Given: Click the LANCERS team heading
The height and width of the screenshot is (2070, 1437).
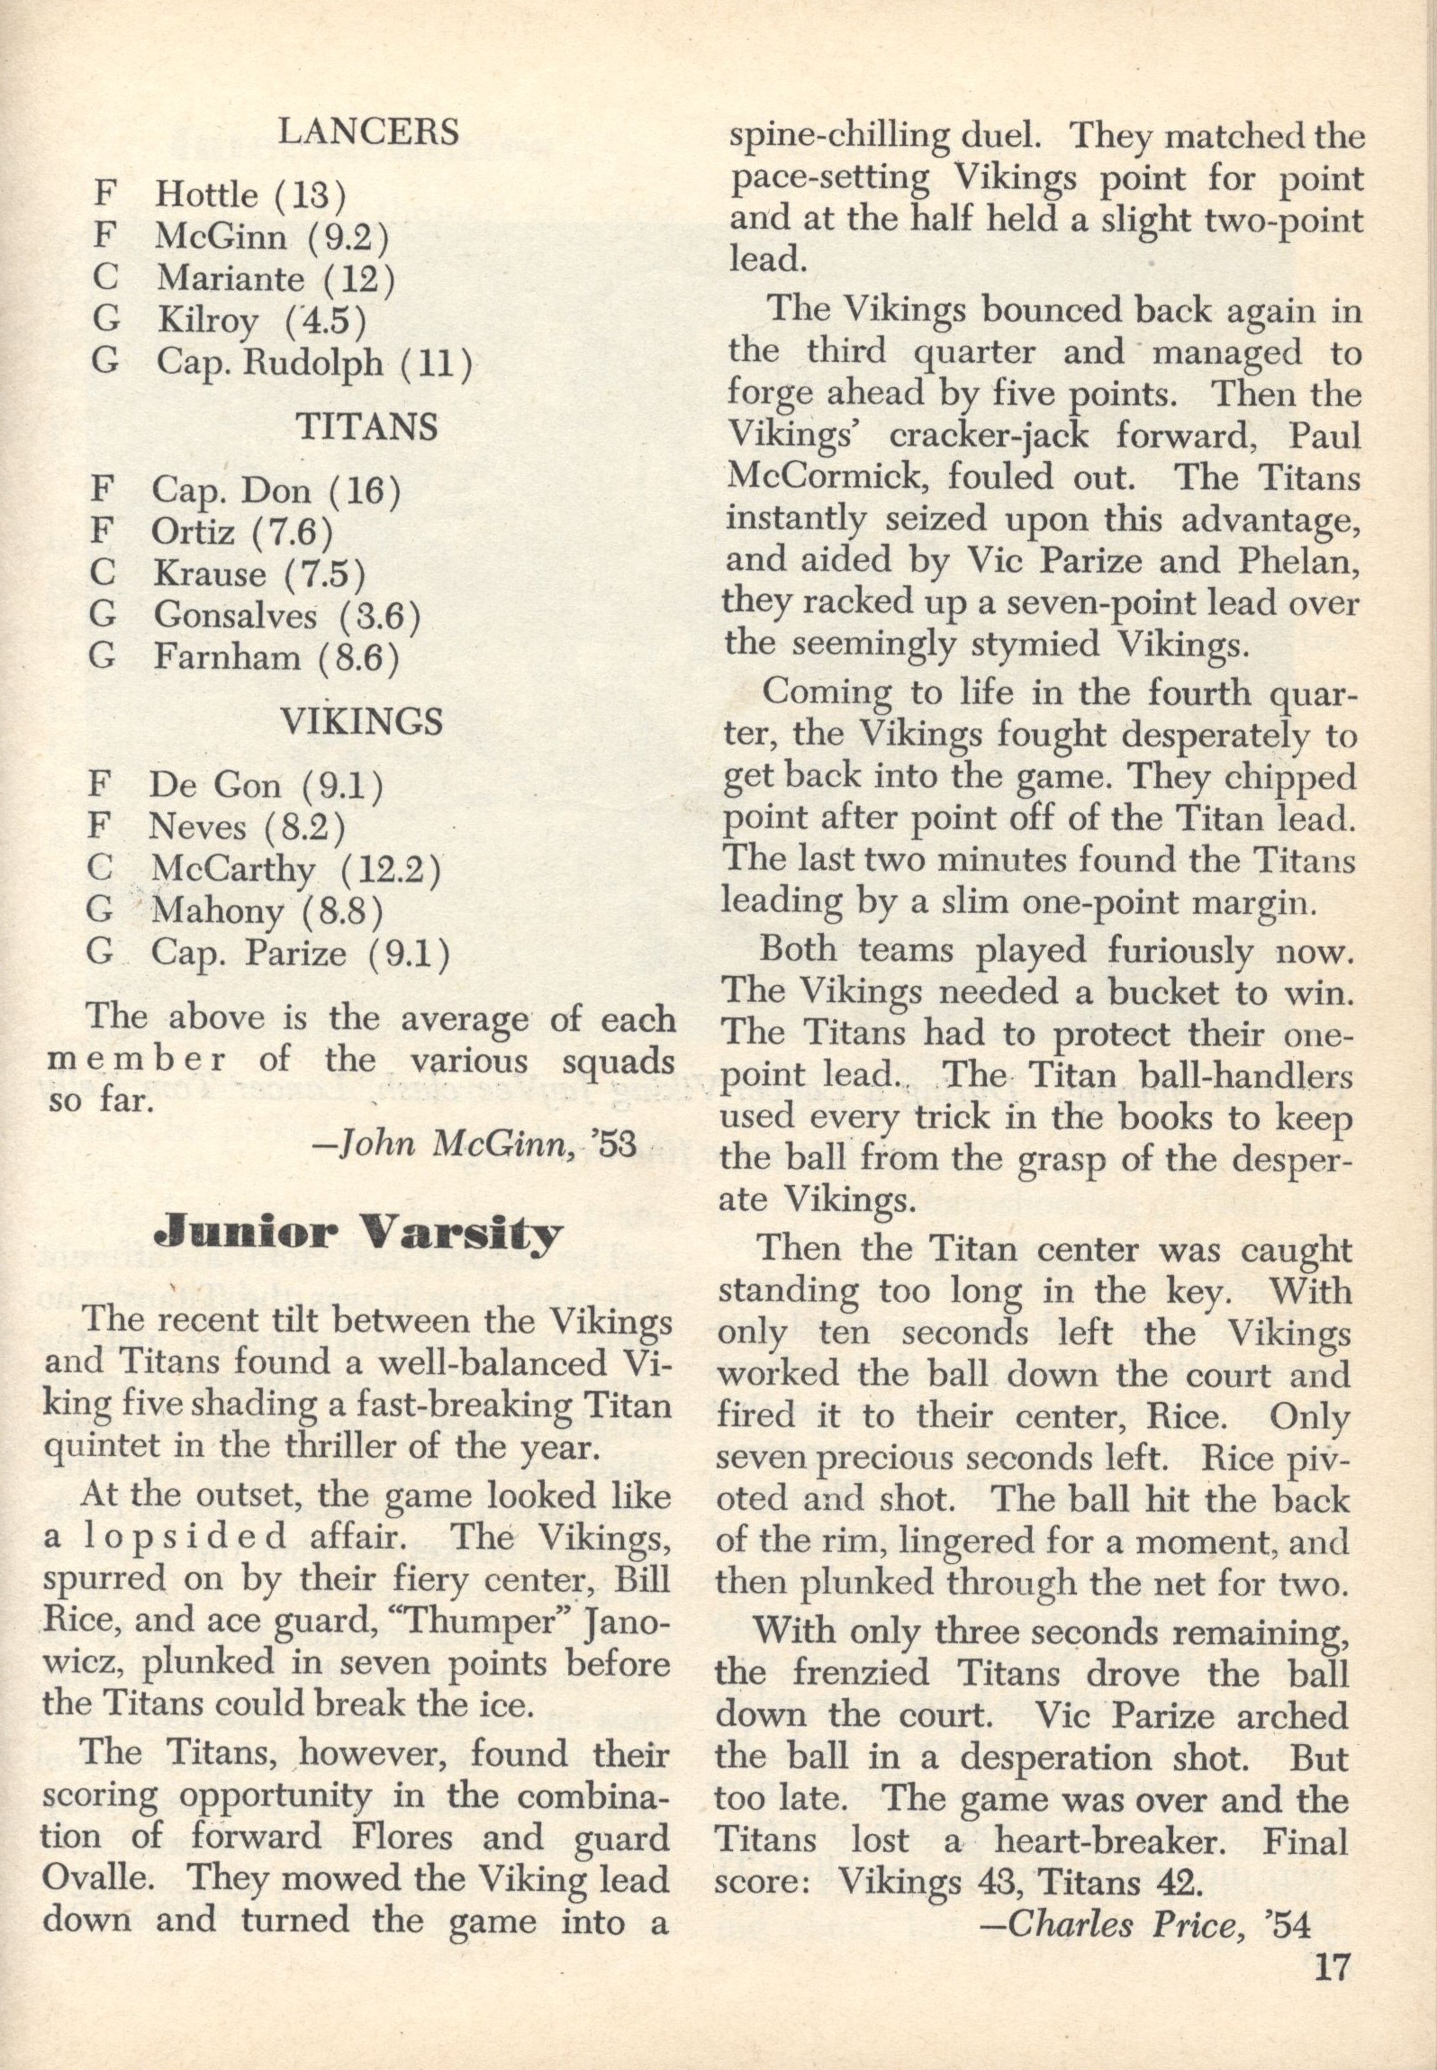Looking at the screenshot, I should tap(368, 132).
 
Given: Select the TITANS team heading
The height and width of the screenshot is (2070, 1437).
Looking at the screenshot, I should tap(367, 427).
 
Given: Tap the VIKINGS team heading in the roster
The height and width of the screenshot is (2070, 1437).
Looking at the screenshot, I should tap(362, 721).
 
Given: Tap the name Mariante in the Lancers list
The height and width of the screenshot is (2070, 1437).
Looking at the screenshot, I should tap(231, 278).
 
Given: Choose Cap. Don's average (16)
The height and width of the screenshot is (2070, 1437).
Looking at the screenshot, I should tap(364, 491).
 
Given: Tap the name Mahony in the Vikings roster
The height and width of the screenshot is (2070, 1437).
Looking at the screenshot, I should tap(217, 911).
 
